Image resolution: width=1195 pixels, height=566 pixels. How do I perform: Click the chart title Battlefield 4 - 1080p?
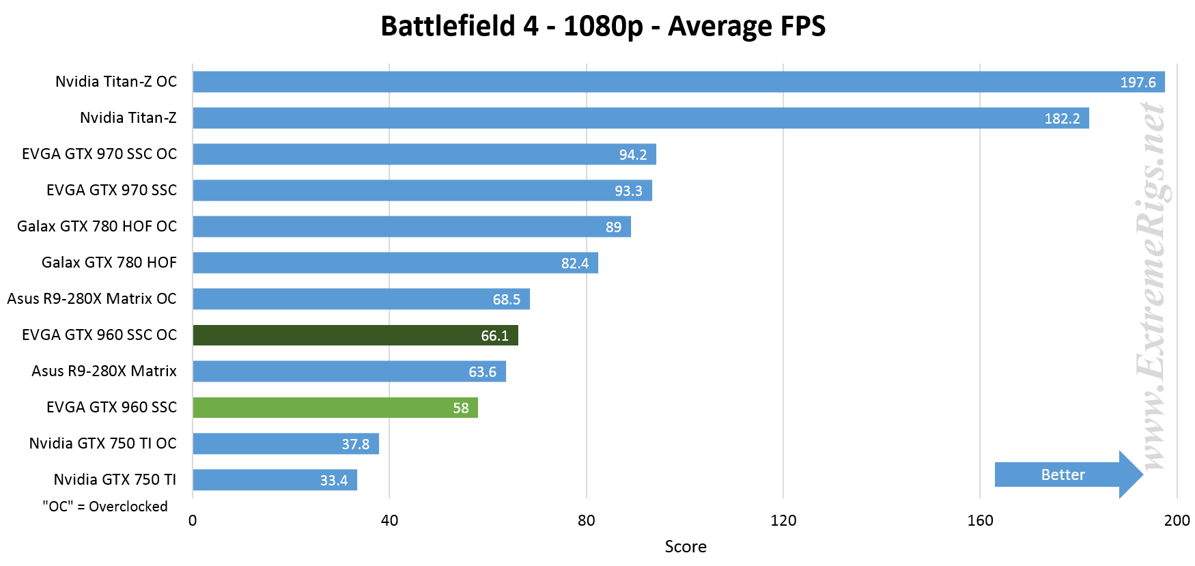click(x=602, y=27)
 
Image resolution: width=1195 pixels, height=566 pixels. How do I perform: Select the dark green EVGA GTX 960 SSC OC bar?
click(x=355, y=335)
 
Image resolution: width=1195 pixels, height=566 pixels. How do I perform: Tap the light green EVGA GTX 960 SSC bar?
click(x=335, y=408)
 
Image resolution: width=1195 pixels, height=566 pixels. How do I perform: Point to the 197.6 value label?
click(x=1138, y=83)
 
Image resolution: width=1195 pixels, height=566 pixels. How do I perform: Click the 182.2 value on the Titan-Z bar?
click(x=1062, y=119)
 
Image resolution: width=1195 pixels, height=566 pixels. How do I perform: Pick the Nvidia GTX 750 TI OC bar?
click(x=285, y=444)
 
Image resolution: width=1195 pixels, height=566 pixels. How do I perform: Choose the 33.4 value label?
click(x=334, y=481)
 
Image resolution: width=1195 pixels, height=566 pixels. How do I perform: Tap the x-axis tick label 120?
click(x=783, y=521)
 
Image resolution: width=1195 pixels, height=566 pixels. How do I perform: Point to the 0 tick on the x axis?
click(x=193, y=521)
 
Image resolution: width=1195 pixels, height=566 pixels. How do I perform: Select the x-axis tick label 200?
click(x=1177, y=521)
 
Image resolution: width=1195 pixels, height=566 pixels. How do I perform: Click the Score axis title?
click(x=686, y=547)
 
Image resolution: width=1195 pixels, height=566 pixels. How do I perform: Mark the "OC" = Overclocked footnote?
click(x=105, y=507)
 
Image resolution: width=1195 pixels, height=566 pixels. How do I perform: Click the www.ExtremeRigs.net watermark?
click(x=1153, y=287)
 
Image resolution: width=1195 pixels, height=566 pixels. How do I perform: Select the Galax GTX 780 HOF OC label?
click(x=97, y=227)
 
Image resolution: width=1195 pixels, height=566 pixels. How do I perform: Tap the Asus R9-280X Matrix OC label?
click(x=92, y=299)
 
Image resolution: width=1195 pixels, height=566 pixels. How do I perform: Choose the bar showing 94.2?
click(x=423, y=154)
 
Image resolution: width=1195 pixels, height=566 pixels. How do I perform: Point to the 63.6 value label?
click(x=482, y=372)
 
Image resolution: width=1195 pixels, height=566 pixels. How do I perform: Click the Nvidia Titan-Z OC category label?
click(x=116, y=82)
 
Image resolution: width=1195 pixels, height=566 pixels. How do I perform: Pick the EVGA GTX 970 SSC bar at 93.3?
click(x=422, y=190)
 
